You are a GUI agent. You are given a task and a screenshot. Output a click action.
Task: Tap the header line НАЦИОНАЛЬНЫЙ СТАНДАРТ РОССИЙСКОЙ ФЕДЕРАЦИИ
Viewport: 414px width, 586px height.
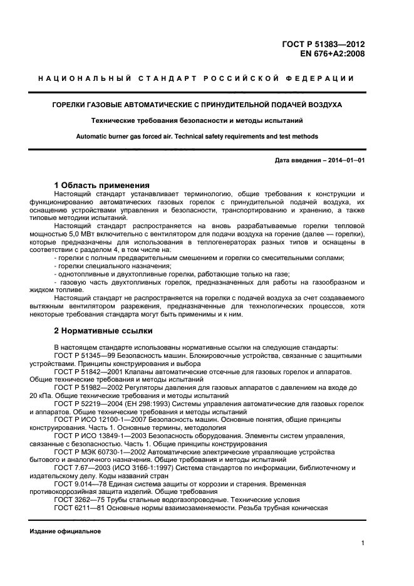pos(196,79)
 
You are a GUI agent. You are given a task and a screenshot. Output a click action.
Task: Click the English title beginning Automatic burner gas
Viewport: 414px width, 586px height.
pos(197,136)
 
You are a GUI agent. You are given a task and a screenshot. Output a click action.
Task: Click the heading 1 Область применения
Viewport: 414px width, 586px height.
pos(101,186)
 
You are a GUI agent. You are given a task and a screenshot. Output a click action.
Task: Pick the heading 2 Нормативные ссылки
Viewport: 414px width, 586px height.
pos(103,331)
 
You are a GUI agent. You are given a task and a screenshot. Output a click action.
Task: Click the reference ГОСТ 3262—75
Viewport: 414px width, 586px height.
pos(78,500)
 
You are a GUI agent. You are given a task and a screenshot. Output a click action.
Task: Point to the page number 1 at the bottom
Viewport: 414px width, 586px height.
pos(363,544)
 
